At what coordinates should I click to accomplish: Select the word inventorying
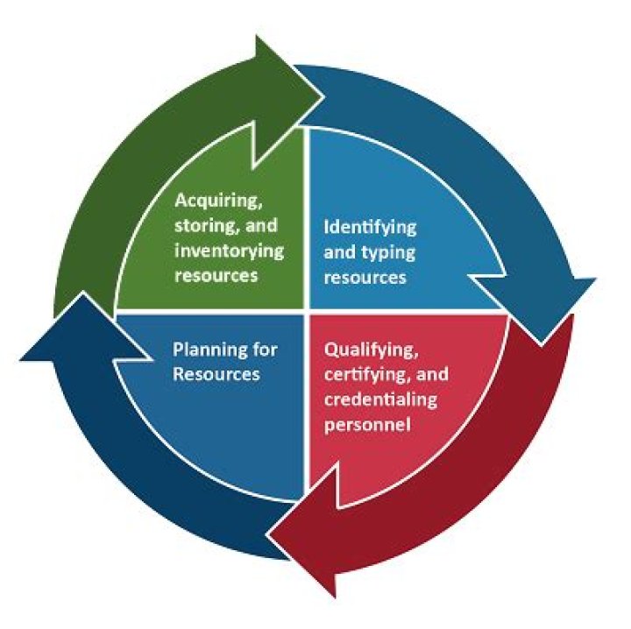pos(229,250)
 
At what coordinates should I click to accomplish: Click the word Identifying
pos(371,227)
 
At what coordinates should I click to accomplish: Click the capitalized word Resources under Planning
pos(216,374)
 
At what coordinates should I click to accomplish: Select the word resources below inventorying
pos(215,274)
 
